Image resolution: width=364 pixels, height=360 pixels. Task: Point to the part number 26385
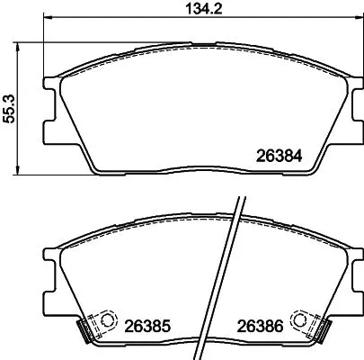point(146,326)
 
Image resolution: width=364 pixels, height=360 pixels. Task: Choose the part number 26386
point(263,326)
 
